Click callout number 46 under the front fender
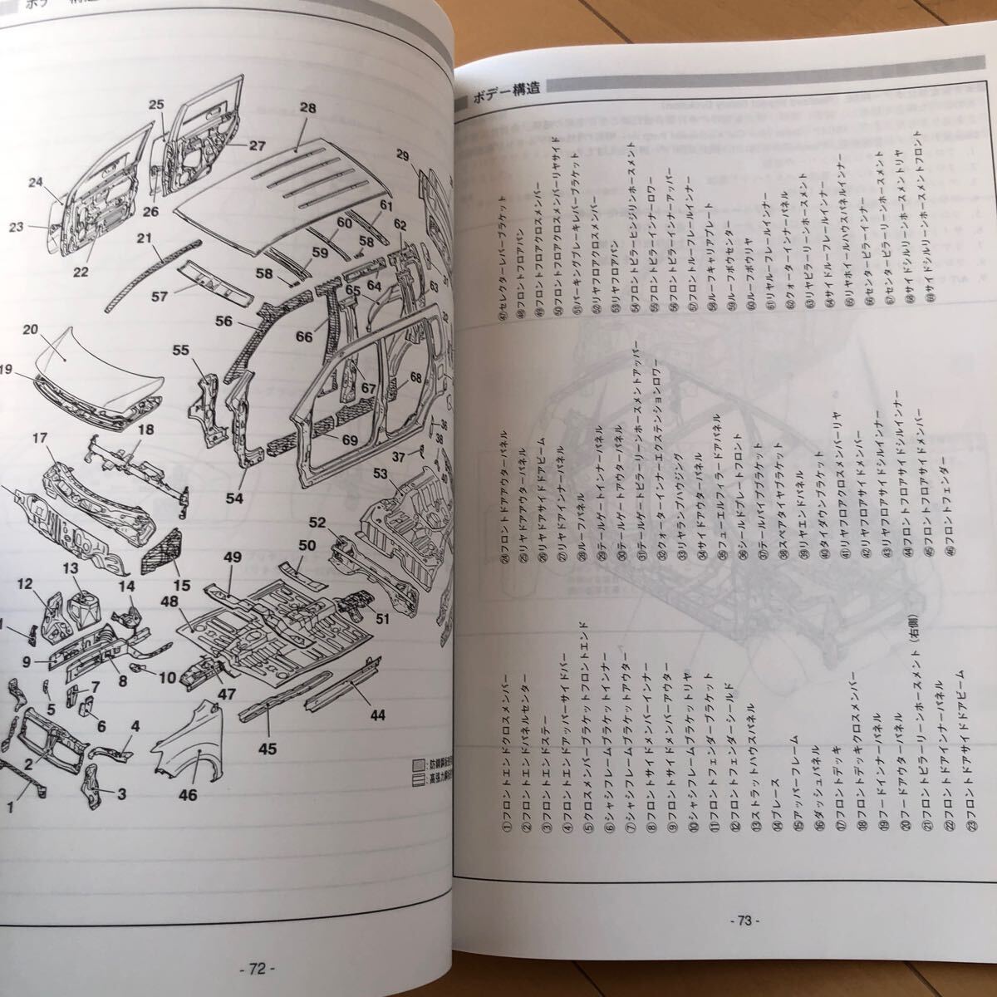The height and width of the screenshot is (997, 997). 188,794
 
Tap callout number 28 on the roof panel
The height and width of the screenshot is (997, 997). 308,108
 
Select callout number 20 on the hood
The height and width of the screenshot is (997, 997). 31,330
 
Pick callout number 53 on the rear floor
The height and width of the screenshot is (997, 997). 381,474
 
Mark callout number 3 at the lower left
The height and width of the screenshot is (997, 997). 120,793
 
